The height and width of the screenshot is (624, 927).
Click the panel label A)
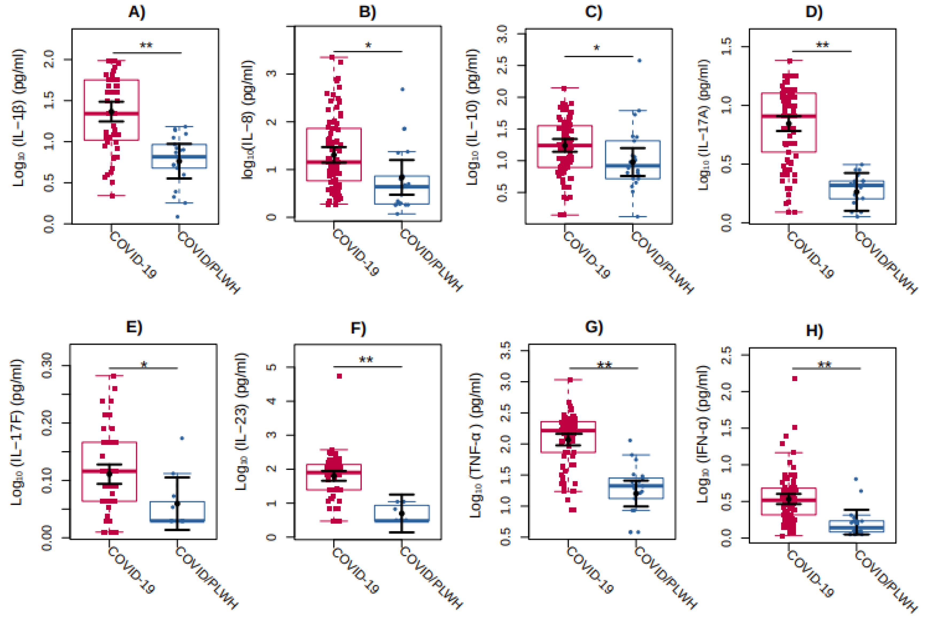137,12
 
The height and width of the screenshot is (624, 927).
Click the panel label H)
814,330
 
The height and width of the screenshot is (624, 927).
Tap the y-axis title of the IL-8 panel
247,119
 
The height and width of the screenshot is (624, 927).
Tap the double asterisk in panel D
822,45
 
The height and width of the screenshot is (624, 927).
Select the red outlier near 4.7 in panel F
339,376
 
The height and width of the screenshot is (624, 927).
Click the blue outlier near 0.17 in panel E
182,438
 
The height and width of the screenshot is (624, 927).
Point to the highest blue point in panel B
403,90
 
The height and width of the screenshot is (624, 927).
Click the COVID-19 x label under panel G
590,569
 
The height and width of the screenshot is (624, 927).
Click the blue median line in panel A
179,156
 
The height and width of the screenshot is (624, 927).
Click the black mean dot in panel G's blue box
636,493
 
